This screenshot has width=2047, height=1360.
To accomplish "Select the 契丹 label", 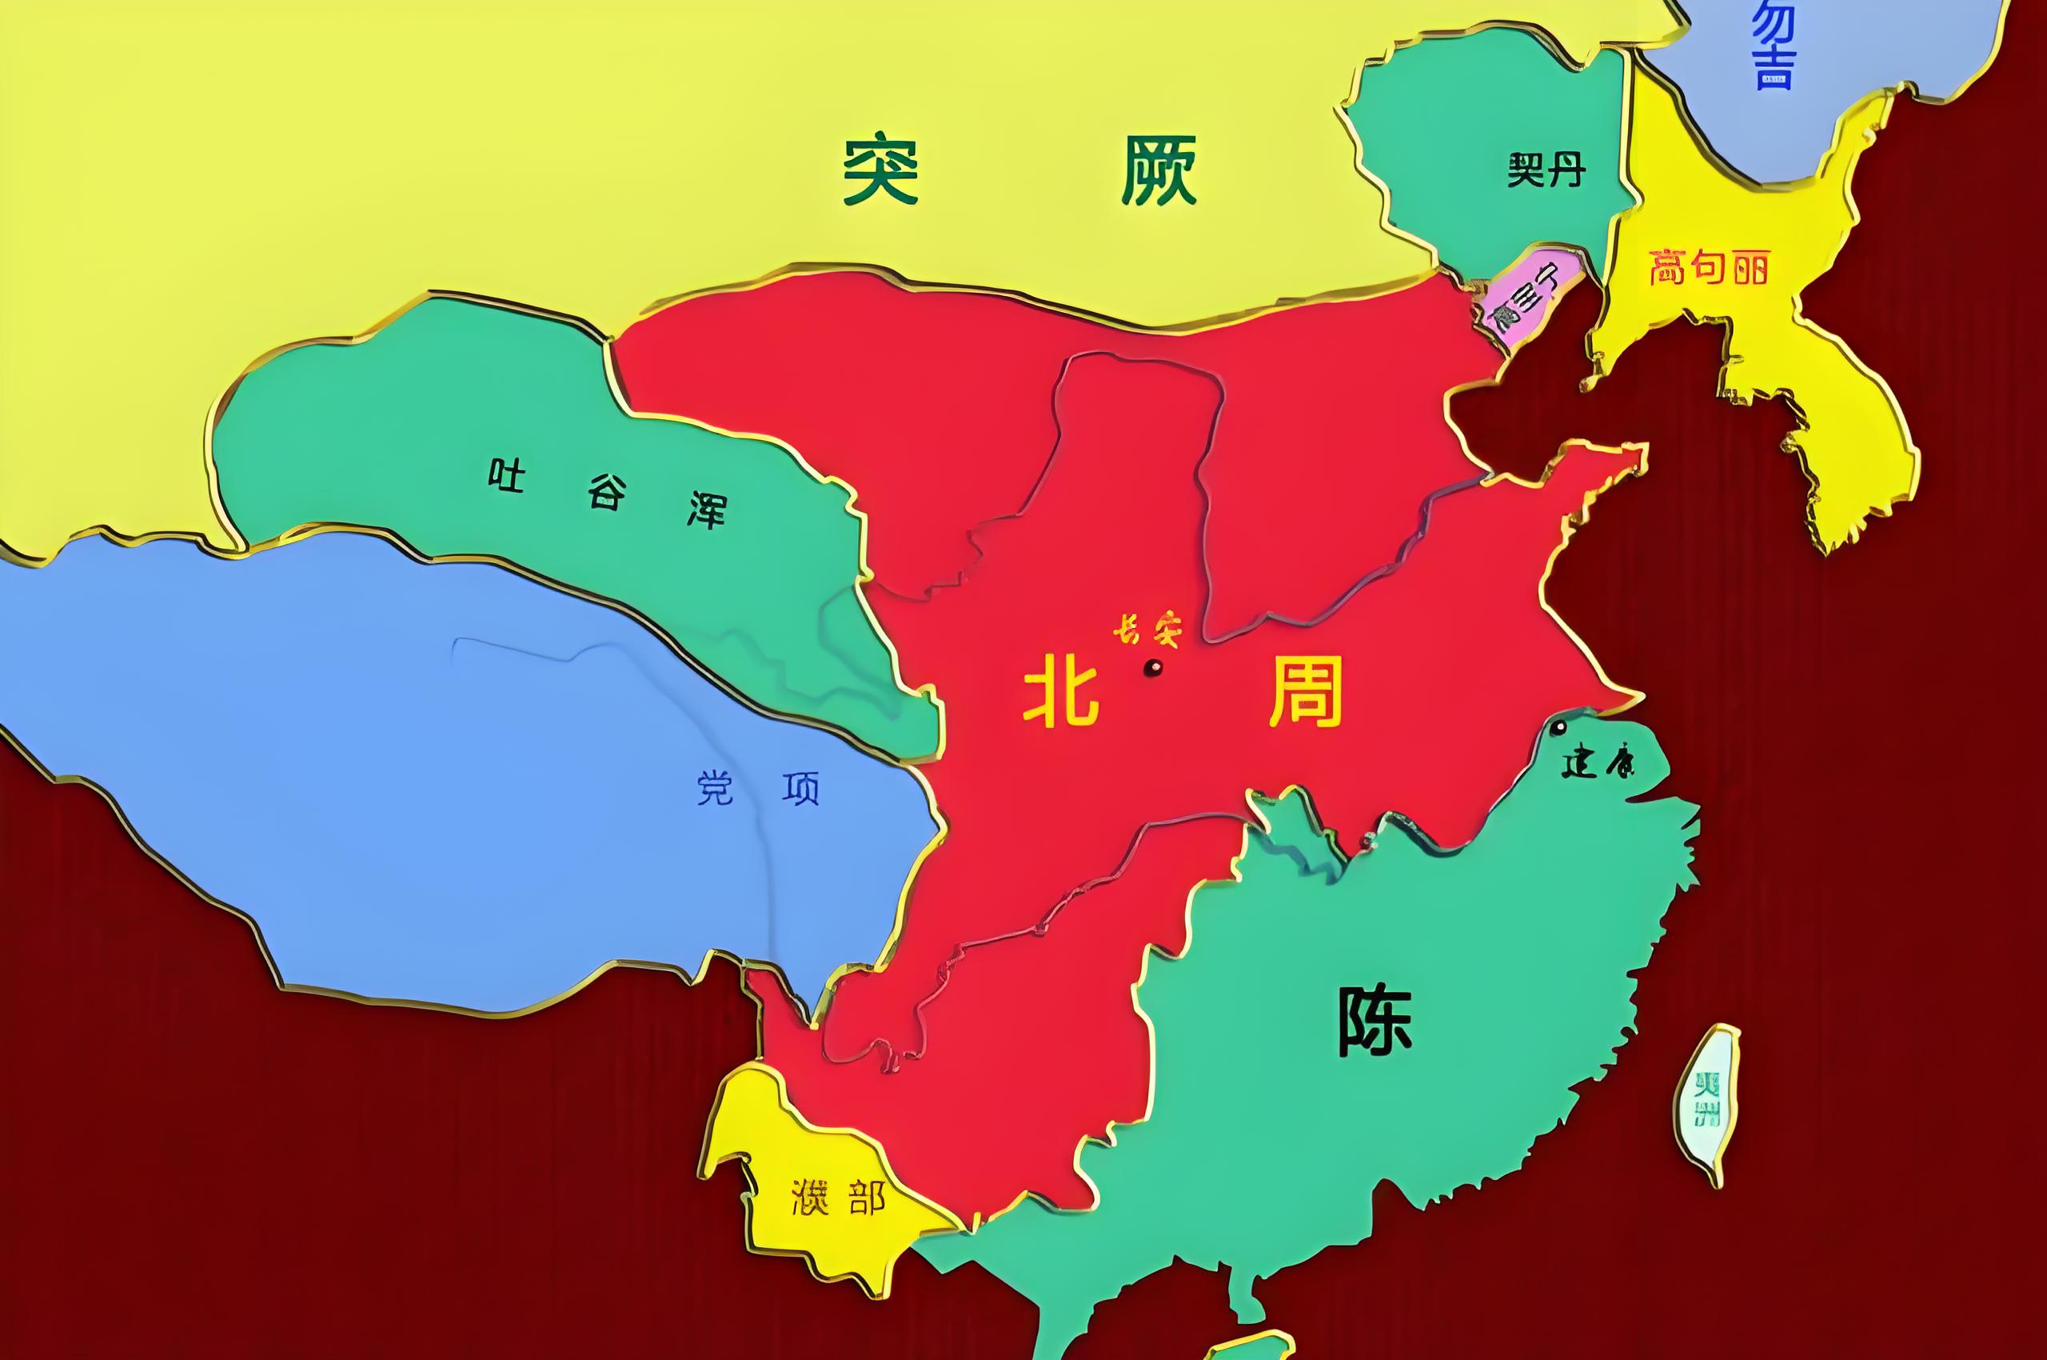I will point(1546,171).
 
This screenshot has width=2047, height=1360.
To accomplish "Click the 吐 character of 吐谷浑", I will point(506,475).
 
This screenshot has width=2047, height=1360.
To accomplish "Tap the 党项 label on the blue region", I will point(759,789).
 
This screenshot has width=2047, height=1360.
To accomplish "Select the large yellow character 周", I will point(1306,691).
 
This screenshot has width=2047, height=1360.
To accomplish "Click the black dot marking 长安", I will point(1153,668).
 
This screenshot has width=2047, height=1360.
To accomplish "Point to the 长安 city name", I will point(1147,630).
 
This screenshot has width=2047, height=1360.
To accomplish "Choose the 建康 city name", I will point(1596,764).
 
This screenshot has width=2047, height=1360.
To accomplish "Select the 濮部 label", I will point(839,1198).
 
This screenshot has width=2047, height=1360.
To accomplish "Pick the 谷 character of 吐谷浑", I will point(605,493).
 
